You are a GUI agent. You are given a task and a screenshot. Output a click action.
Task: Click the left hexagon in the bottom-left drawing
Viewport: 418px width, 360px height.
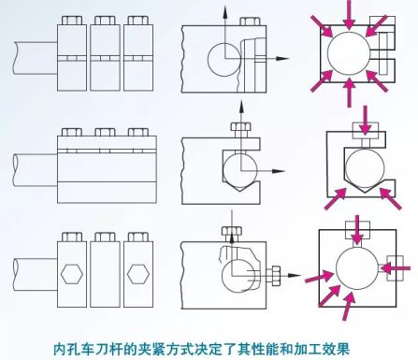72,274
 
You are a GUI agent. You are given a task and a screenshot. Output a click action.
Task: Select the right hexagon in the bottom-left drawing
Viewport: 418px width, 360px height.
138,274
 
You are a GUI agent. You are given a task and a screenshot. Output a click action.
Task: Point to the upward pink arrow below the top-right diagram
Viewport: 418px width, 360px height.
350,93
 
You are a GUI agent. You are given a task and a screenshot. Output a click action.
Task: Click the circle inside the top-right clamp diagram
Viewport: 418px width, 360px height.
349,53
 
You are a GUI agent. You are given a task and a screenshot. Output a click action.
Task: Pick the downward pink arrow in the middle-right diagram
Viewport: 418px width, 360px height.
366,121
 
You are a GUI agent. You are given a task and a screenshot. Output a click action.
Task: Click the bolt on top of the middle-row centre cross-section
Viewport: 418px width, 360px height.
240,130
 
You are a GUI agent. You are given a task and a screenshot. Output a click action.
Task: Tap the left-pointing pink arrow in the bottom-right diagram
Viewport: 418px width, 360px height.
396,267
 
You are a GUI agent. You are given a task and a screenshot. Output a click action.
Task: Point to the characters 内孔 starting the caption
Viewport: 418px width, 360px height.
65,349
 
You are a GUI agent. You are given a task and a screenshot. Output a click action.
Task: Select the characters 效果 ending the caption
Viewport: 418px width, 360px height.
337,349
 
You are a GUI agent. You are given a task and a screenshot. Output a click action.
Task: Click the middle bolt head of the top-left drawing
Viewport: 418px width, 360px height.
105,21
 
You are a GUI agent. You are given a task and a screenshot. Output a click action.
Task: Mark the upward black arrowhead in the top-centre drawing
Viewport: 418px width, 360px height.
224,12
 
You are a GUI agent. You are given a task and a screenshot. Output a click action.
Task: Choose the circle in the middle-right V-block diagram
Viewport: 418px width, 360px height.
365,168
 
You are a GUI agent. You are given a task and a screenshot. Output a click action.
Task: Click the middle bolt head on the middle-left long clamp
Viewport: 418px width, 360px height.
105,132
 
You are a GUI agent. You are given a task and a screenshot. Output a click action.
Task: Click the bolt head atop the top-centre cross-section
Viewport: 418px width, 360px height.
250,22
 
